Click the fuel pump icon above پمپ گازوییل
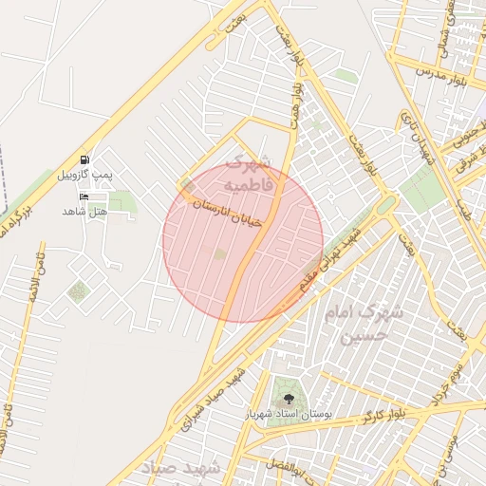(85, 159)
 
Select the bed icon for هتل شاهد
(85, 196)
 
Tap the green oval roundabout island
(385, 204)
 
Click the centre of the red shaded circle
(243, 241)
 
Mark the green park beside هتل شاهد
(121, 201)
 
